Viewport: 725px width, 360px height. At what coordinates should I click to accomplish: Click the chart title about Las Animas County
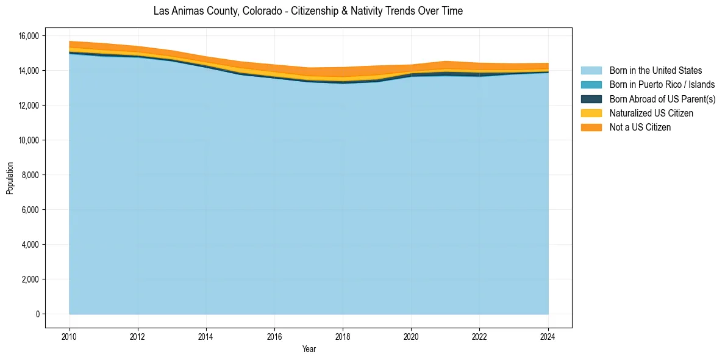tap(308, 11)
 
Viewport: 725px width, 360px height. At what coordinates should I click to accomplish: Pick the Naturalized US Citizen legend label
tap(651, 113)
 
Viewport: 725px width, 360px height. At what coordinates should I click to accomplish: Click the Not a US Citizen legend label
tap(640, 128)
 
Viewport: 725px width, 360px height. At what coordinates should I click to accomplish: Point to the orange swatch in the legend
tap(591, 128)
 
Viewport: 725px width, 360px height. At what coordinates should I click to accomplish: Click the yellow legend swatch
tap(591, 113)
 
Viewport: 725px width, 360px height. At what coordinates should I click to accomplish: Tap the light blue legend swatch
tap(591, 71)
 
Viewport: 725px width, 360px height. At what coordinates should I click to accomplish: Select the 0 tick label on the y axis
tap(38, 314)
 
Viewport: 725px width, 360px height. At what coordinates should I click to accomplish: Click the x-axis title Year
tap(309, 349)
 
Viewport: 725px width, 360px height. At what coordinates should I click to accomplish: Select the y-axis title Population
tap(10, 178)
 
